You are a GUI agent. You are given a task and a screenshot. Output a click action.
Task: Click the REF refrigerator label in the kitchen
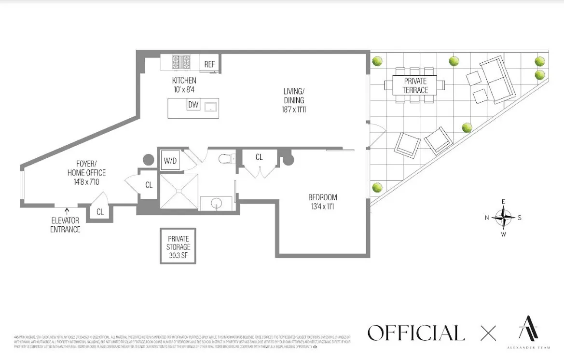[x=209, y=64]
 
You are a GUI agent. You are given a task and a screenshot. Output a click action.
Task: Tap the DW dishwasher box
[x=193, y=104]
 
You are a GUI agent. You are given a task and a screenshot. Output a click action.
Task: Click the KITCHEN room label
[x=184, y=81]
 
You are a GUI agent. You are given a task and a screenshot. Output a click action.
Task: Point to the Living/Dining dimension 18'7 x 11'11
[x=294, y=110]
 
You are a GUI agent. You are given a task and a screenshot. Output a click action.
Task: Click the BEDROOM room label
[x=323, y=197]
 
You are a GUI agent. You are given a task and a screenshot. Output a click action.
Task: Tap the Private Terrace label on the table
[x=415, y=86]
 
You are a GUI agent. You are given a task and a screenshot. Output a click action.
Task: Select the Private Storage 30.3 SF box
[x=179, y=247]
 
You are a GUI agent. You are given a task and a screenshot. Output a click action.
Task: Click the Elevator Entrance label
[x=66, y=226]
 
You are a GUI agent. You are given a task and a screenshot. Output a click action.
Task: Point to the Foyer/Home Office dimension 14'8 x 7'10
[x=87, y=181]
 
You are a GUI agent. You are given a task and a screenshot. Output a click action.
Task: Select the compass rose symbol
[x=503, y=218]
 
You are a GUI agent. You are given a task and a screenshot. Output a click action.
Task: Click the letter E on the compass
[x=503, y=202]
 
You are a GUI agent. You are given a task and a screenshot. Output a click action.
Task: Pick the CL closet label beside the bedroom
[x=259, y=157]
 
